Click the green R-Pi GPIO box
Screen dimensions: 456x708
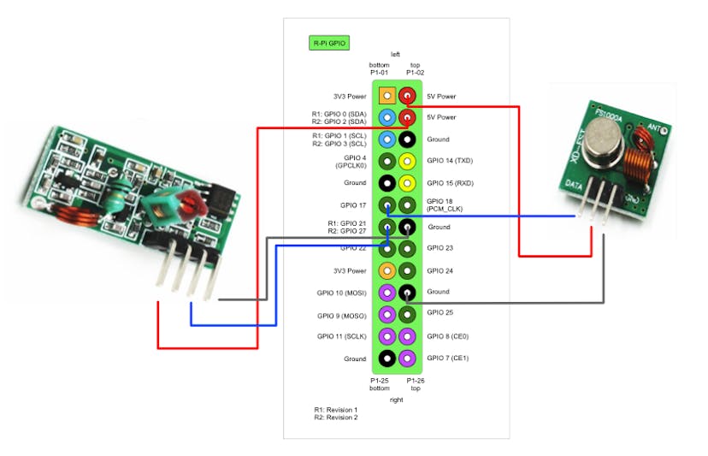click(x=328, y=42)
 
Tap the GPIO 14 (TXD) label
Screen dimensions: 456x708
click(x=449, y=161)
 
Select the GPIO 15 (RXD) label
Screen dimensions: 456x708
click(x=449, y=183)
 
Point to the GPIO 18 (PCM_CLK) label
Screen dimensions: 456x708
click(x=445, y=204)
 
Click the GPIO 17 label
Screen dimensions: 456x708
click(x=352, y=205)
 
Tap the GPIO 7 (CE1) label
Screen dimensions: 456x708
click(x=446, y=358)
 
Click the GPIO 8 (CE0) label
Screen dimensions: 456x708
click(x=446, y=336)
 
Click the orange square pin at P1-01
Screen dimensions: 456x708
click(x=387, y=96)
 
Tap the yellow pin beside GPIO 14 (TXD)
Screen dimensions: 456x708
click(x=408, y=161)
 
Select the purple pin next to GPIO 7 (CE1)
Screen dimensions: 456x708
click(x=408, y=358)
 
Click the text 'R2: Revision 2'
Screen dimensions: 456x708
click(x=336, y=418)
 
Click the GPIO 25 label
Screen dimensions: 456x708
click(x=440, y=313)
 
